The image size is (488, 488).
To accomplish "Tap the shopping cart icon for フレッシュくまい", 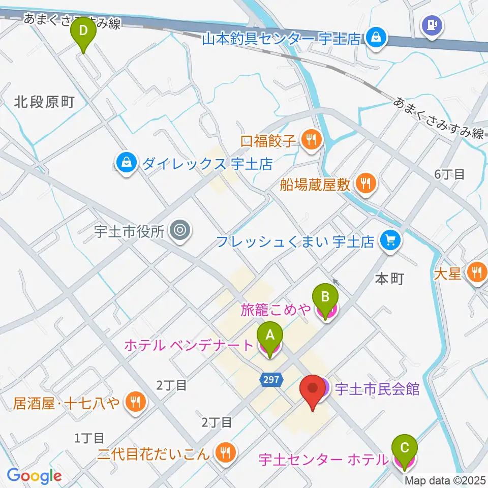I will tap(390, 240).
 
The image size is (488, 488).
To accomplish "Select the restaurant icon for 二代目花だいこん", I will tap(224, 451).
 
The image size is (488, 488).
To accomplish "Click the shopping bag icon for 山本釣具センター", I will tap(376, 38).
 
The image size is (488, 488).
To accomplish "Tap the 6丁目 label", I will tap(449, 174).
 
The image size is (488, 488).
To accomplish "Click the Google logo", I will tap(35, 476).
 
